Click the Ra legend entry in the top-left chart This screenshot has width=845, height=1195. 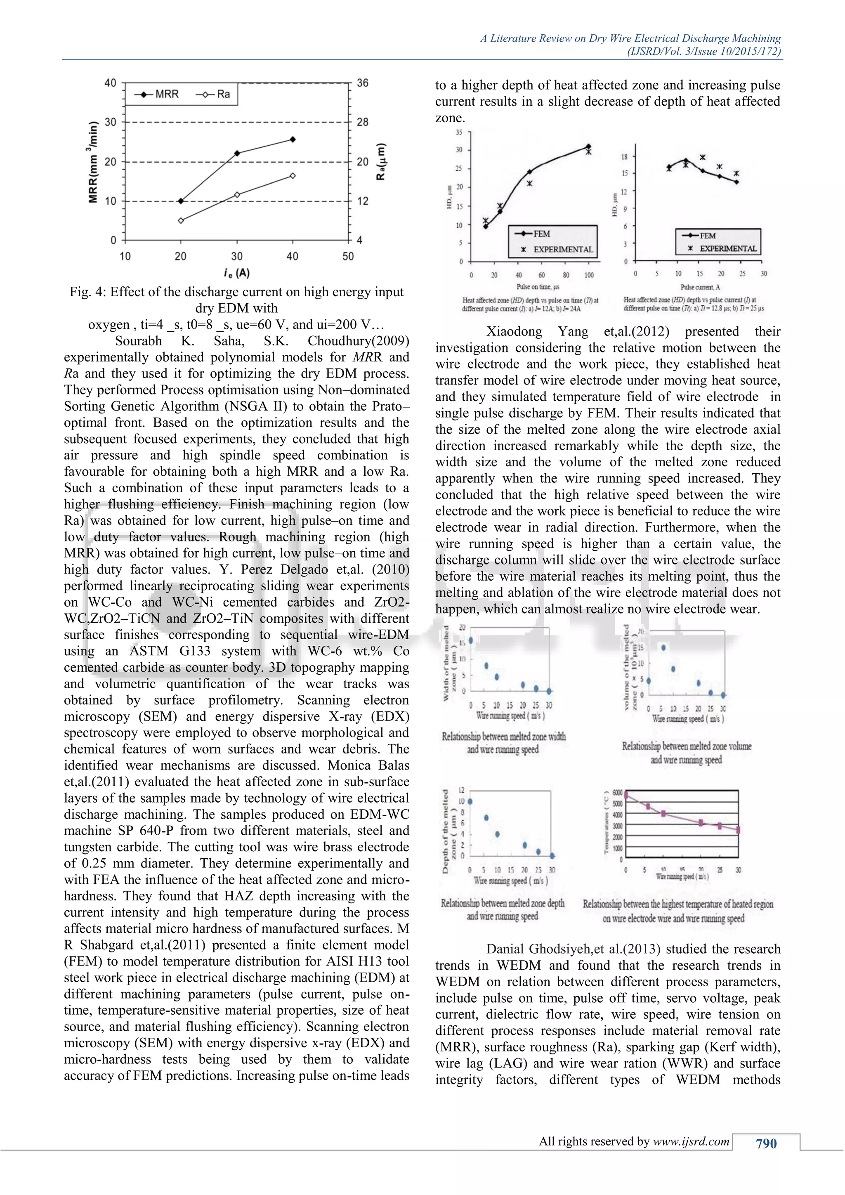(x=213, y=94)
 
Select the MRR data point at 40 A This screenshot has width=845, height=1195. (x=293, y=139)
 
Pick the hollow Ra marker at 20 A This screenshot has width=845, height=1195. (x=181, y=221)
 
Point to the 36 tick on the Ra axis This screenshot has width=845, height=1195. (x=363, y=83)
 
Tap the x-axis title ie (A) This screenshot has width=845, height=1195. (x=236, y=273)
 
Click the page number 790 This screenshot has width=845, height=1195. (x=766, y=1143)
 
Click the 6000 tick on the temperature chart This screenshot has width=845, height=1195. (x=617, y=793)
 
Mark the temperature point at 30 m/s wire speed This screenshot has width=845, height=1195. (x=738, y=830)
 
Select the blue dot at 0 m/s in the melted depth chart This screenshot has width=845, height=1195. (x=470, y=801)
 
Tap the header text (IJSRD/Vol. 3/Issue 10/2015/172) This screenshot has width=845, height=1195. (x=703, y=52)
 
